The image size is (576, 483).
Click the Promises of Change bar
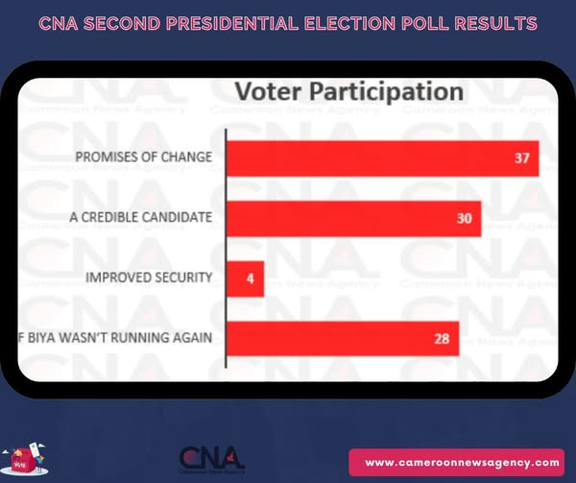point(382,158)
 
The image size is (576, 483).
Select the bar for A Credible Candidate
point(353,219)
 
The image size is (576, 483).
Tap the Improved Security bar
point(245,279)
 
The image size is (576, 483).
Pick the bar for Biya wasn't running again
point(343,339)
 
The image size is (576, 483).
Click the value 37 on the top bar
point(521,158)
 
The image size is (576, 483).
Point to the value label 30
point(464,219)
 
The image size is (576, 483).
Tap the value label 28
point(443,339)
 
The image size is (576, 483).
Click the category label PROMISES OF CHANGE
point(144,157)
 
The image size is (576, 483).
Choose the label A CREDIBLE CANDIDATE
point(140,218)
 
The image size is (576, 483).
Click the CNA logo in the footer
point(212,458)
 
